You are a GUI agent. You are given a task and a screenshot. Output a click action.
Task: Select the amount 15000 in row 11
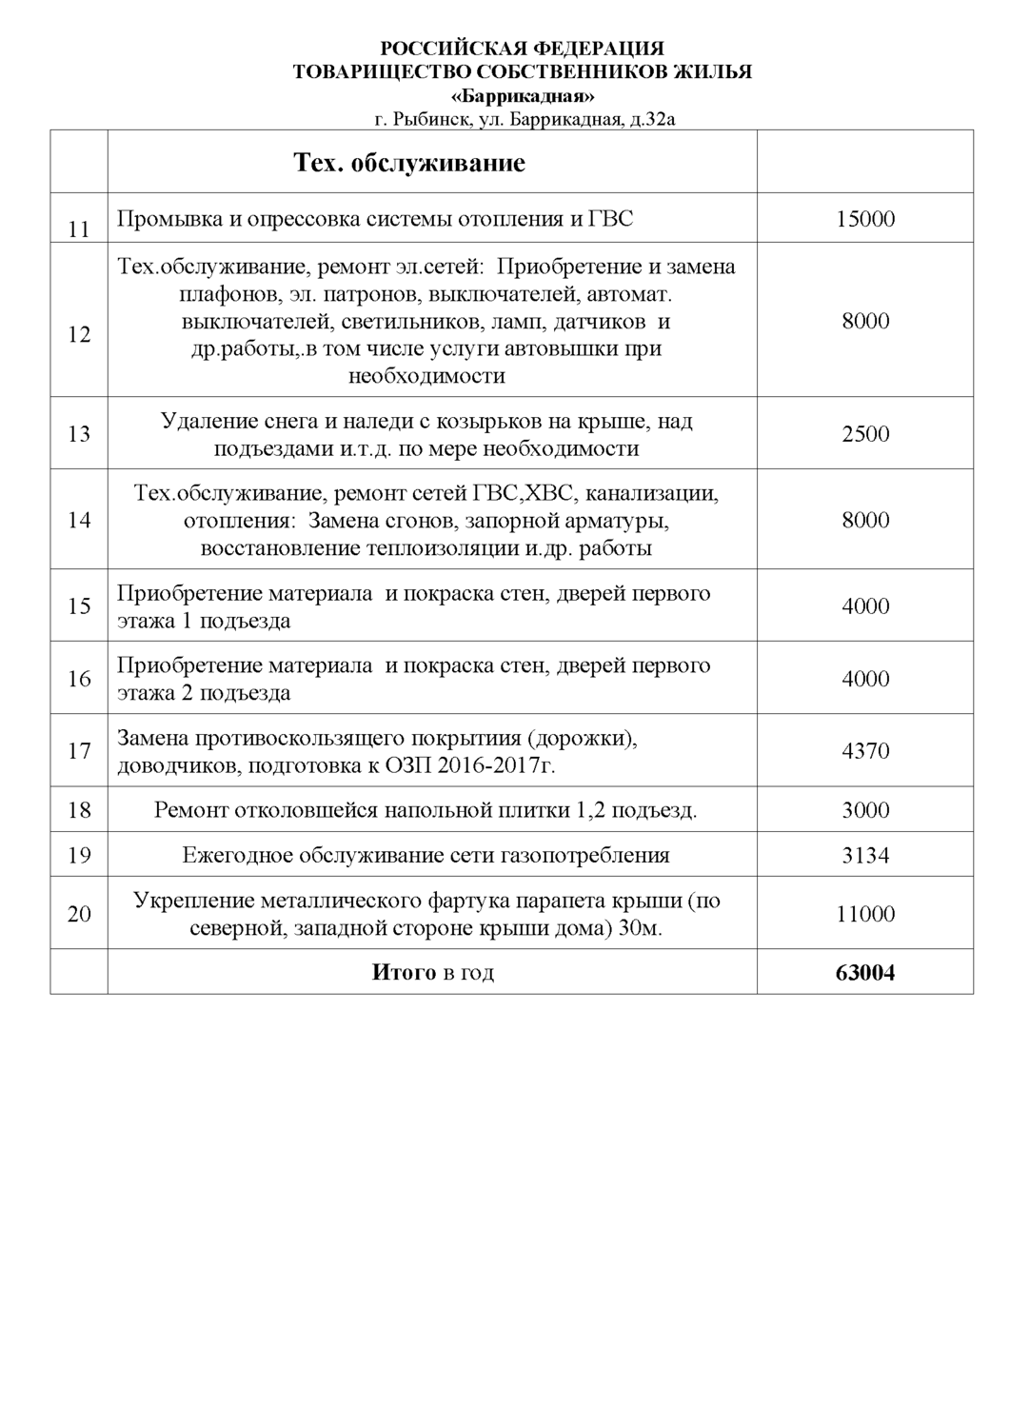click(x=864, y=219)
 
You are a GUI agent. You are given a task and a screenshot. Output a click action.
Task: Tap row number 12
click(x=79, y=334)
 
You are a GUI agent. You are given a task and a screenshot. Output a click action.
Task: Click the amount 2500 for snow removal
click(x=864, y=434)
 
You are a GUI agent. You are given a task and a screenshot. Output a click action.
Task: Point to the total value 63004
click(x=864, y=973)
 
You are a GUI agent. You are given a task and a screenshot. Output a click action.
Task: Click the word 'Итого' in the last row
click(x=403, y=973)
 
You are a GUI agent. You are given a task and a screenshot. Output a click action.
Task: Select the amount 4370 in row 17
click(x=864, y=751)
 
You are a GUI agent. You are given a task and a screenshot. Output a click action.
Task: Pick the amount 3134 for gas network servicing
click(x=864, y=855)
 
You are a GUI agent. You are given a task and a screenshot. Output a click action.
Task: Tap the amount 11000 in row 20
click(x=864, y=914)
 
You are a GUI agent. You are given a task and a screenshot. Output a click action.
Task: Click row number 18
click(x=79, y=810)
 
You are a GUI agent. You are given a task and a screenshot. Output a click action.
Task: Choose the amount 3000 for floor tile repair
click(x=864, y=810)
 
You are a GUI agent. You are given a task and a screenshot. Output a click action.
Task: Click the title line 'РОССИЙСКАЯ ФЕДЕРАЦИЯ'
click(x=522, y=49)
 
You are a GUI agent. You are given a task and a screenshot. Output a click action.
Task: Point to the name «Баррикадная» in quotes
click(x=522, y=96)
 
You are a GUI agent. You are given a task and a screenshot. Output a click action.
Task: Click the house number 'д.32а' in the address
click(x=652, y=120)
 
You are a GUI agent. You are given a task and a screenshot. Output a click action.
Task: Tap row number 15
click(x=79, y=606)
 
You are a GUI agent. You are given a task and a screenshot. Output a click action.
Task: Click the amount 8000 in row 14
click(x=864, y=520)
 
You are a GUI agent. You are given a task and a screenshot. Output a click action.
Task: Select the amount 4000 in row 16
click(x=864, y=679)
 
